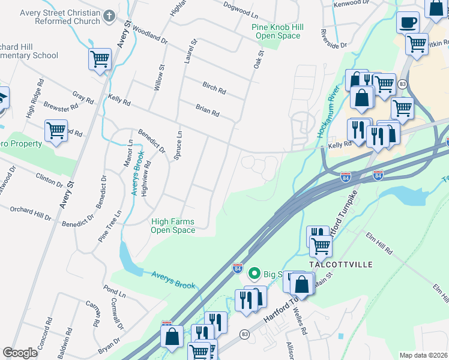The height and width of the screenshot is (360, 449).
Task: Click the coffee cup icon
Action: [408, 23]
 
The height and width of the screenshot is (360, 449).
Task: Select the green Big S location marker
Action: [254, 274]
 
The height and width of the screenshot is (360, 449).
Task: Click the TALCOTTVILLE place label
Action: [340, 265]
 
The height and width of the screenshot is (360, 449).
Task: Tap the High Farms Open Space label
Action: [173, 226]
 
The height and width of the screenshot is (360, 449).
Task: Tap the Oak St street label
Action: [259, 62]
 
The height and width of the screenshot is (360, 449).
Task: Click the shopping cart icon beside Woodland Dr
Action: [100, 59]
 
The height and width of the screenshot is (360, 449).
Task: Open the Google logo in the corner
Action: [20, 353]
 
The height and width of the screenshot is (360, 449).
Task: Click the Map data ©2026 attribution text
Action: [423, 355]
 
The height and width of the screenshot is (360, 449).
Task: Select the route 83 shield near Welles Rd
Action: [244, 333]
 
